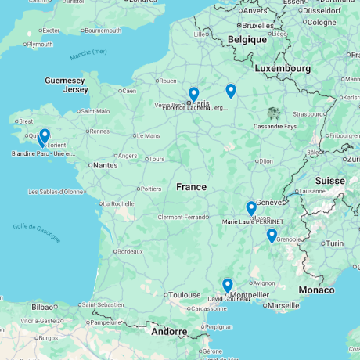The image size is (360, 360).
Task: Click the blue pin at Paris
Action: (x=193, y=94)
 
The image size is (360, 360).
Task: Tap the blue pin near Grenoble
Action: (x=272, y=235)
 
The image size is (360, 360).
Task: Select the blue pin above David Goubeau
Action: (x=227, y=285)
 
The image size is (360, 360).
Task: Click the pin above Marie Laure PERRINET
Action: (x=251, y=208)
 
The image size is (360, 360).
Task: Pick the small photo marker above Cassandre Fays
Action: (x=272, y=113)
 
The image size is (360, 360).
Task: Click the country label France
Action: (x=191, y=187)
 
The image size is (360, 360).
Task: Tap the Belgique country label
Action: (x=247, y=39)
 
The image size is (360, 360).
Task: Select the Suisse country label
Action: (x=329, y=181)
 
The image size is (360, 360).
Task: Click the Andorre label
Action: (x=169, y=331)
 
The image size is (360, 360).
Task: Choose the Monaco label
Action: (x=316, y=290)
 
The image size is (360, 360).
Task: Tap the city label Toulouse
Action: (x=185, y=295)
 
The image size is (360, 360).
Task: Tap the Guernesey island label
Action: (x=65, y=80)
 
